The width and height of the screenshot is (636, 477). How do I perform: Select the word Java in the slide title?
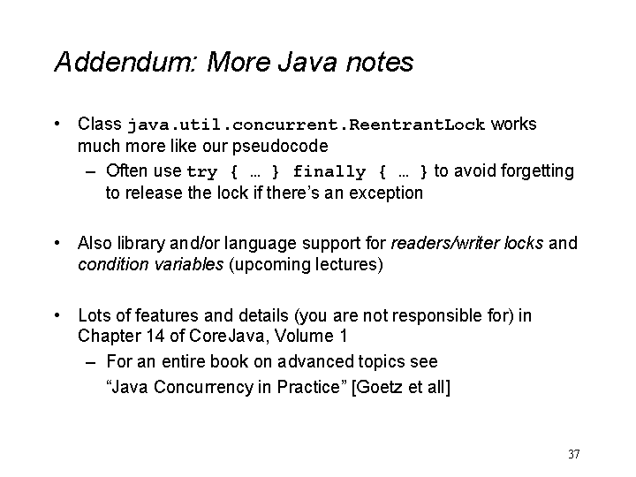click(x=307, y=62)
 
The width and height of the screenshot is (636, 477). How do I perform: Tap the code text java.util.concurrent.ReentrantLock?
click(x=307, y=125)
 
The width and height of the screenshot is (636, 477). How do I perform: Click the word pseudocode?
click(x=280, y=147)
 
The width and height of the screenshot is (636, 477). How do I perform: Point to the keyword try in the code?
click(x=202, y=172)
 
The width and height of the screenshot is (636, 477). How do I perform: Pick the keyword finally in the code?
click(x=329, y=172)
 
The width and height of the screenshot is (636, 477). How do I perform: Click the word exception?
click(x=386, y=193)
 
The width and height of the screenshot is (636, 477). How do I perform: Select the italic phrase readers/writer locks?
click(x=467, y=243)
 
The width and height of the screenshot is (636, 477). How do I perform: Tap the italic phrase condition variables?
click(x=150, y=264)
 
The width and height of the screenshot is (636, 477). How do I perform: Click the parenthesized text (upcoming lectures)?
click(x=306, y=265)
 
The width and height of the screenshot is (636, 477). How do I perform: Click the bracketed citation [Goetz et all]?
click(x=401, y=387)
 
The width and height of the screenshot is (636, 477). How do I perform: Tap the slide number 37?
click(x=574, y=454)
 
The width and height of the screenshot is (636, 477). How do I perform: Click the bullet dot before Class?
click(x=57, y=124)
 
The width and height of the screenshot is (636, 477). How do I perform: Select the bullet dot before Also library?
click(x=57, y=243)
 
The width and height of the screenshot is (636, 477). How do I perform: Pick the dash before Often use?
click(x=90, y=171)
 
